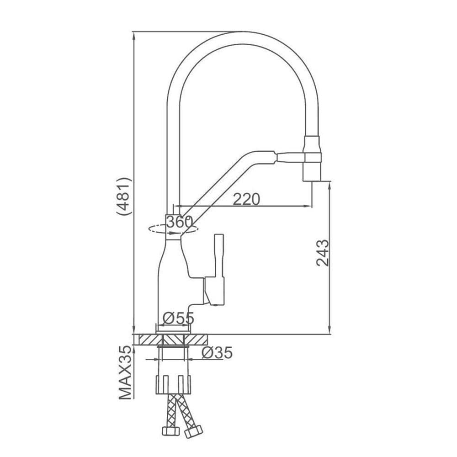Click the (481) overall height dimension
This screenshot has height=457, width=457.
click(x=123, y=196)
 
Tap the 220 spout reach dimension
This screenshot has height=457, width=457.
click(x=247, y=199)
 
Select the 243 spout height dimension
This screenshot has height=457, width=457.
click(x=322, y=253)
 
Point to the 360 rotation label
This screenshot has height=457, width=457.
click(x=180, y=223)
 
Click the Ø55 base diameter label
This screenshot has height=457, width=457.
click(x=178, y=318)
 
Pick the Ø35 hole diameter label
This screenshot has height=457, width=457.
click(x=217, y=353)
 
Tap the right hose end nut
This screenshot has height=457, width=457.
click(x=193, y=431)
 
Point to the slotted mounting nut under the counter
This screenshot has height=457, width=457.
click(x=174, y=385)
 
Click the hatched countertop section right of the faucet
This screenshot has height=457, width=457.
click(x=196, y=340)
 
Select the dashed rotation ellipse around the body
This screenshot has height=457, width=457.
click(x=173, y=229)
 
